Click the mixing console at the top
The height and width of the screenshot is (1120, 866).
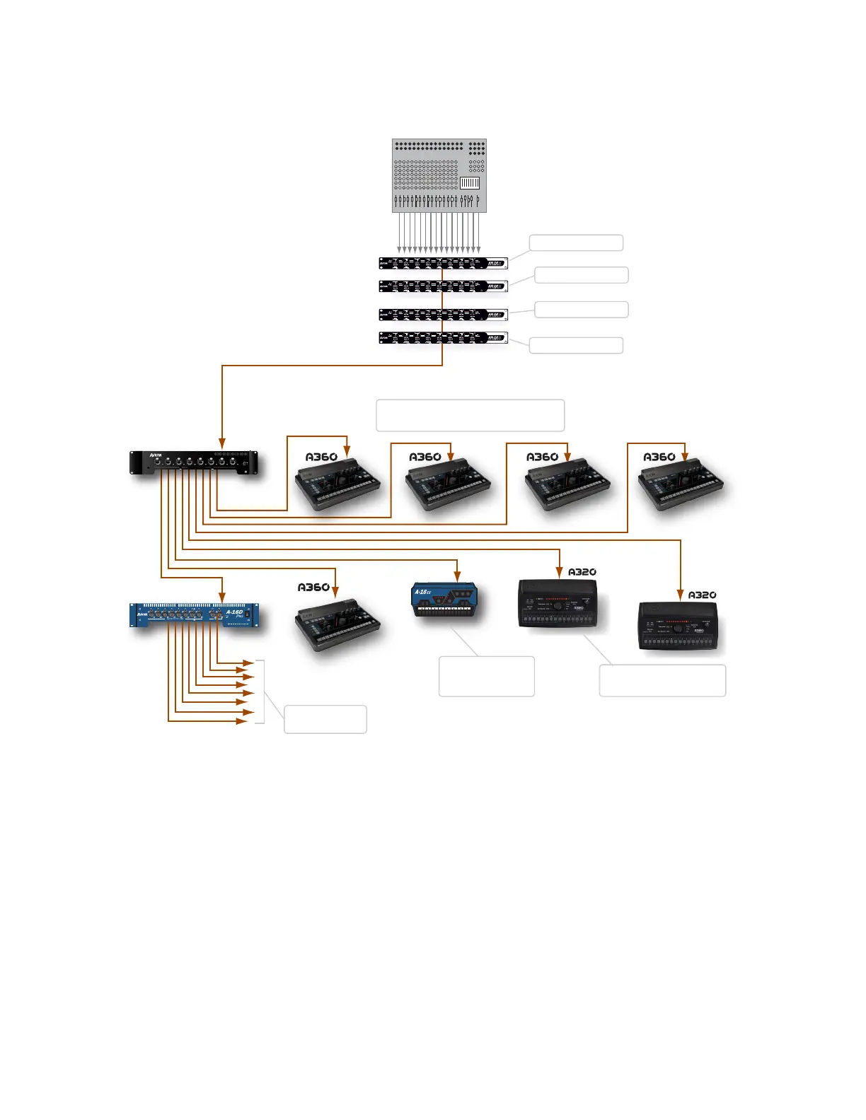tap(439, 175)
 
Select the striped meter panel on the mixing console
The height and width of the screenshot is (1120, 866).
tap(470, 183)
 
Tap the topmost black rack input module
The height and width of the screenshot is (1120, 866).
tap(443, 263)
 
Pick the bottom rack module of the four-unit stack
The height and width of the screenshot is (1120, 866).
tap(443, 338)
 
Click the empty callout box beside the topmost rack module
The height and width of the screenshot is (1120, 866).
tap(576, 243)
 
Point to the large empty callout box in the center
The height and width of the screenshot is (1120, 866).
tap(470, 415)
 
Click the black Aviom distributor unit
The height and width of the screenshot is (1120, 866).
tap(194, 462)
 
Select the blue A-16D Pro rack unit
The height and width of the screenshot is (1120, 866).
tap(194, 614)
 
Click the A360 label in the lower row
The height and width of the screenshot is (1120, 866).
tap(313, 588)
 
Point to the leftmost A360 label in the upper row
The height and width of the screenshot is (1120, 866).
tap(321, 457)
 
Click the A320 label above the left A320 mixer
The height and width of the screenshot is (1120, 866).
tap(582, 572)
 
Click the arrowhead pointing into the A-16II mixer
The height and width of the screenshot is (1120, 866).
tap(458, 576)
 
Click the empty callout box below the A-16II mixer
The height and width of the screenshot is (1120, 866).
tap(486, 676)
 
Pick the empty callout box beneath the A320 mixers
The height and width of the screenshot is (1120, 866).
tap(662, 680)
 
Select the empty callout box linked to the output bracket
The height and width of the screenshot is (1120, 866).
tap(325, 719)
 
